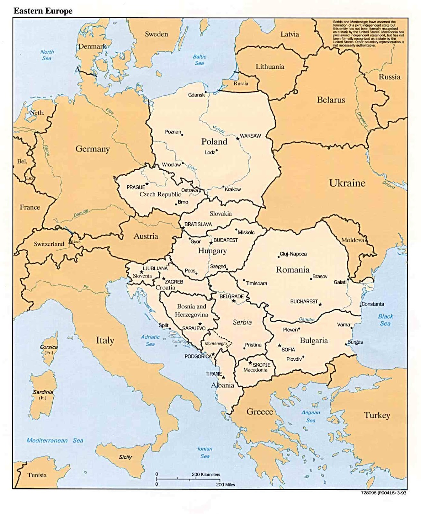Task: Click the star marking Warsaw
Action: (x=238, y=138)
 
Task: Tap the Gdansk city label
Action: (x=196, y=95)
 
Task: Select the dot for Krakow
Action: (x=224, y=187)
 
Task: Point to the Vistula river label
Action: (x=219, y=129)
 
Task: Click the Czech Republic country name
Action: (x=160, y=194)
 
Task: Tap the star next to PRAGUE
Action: (x=147, y=184)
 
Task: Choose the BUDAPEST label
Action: (x=226, y=240)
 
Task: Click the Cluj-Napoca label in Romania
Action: (x=293, y=254)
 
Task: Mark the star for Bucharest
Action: (x=320, y=304)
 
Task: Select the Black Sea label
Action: (x=385, y=320)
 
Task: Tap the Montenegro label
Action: (x=216, y=343)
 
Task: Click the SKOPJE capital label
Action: (x=261, y=365)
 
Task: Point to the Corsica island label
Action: (x=49, y=347)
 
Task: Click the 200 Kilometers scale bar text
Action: (x=206, y=474)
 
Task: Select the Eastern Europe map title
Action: (x=43, y=11)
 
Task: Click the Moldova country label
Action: (x=353, y=240)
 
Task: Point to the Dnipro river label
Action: (x=388, y=184)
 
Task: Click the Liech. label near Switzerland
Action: (x=76, y=242)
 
